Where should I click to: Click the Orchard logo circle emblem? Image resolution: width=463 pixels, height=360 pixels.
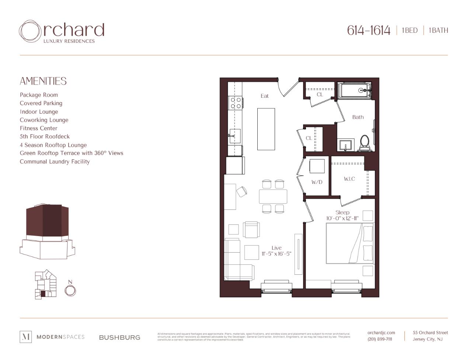[30, 31]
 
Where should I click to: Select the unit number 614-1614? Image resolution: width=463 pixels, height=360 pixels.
[368, 30]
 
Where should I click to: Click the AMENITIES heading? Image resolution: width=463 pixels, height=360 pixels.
[43, 81]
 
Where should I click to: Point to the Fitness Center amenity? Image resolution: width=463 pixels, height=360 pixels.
[39, 128]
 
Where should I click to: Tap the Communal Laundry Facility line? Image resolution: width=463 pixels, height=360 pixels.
[55, 162]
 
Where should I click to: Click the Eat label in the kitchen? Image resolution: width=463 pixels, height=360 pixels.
[265, 96]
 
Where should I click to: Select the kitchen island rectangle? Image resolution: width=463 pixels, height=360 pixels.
[266, 129]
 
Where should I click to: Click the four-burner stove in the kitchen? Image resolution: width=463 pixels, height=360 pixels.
[236, 103]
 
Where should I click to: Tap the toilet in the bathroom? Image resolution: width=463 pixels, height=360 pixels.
[364, 143]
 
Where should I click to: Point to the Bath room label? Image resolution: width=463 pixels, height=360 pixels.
[358, 117]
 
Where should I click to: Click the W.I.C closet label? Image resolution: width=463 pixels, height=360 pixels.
[349, 179]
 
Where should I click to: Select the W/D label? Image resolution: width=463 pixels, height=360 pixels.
[317, 182]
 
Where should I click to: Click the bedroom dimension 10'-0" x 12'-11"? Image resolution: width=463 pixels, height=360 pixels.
[342, 218]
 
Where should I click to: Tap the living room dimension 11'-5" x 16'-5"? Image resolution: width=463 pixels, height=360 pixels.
[276, 254]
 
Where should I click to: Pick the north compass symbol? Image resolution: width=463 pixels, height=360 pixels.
[70, 290]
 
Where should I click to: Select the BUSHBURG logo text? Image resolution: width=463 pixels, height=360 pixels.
[119, 337]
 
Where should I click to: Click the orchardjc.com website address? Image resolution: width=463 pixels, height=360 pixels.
[381, 333]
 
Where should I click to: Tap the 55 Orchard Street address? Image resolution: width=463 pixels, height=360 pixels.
[430, 333]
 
